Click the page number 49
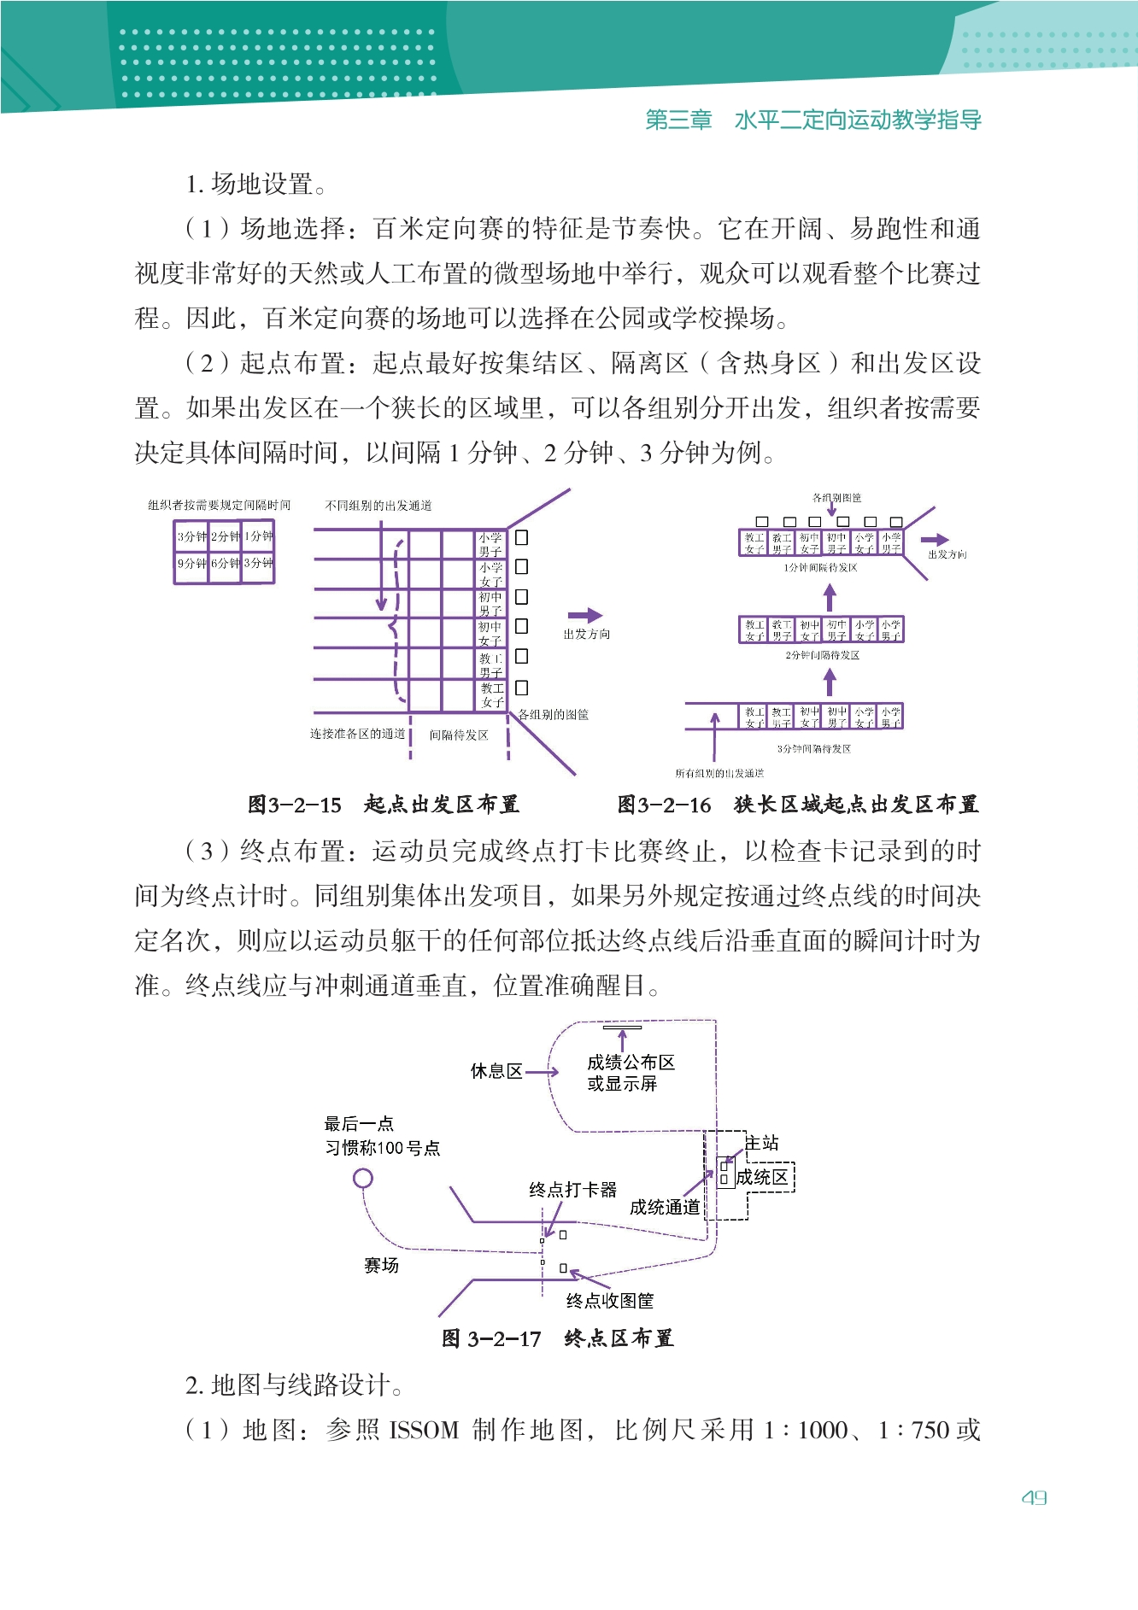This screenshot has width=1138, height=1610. pos(1034,1497)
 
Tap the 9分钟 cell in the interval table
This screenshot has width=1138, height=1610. pos(191,564)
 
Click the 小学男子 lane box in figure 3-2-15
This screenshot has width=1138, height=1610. pos(490,544)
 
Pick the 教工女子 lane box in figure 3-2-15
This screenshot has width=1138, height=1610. pos(491,695)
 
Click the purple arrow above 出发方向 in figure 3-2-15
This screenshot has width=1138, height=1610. pos(585,615)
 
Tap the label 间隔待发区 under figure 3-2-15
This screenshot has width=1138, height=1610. pos(459,735)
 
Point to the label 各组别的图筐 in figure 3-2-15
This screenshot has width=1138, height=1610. pos(554,715)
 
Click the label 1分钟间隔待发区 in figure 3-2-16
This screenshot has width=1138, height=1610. pos(820,568)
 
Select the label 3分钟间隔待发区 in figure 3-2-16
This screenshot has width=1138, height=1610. pos(813,749)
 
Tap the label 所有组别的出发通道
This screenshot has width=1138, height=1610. pos(719,774)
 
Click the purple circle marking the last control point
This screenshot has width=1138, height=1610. pos(363,1179)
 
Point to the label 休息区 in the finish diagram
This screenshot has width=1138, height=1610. pos(496,1071)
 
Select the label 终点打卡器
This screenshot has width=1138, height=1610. pos(572,1190)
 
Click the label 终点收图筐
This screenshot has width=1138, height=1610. pos(610,1301)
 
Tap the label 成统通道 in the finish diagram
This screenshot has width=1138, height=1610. pos(665,1207)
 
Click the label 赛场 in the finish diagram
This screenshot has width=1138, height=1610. pos(381,1266)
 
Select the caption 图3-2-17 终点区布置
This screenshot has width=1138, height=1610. pos(558,1338)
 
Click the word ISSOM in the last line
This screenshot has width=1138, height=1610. pos(424,1430)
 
